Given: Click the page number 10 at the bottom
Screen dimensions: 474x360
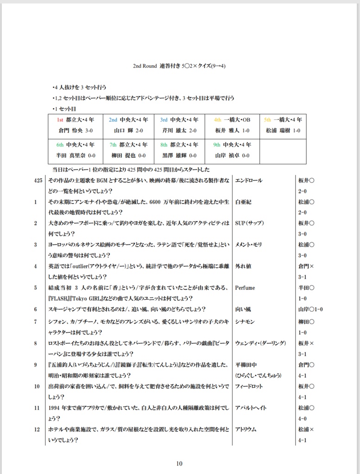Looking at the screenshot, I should (x=180, y=463).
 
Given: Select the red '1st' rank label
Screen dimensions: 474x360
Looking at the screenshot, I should (x=60, y=119).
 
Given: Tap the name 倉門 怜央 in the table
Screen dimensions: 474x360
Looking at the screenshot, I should (x=68, y=131).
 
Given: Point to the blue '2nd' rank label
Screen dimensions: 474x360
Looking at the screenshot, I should (x=113, y=119).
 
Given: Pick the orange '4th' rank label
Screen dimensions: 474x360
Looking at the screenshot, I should (x=218, y=119).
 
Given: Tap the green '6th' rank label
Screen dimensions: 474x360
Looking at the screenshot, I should (x=60, y=144).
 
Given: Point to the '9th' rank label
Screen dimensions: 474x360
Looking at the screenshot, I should (x=217, y=144).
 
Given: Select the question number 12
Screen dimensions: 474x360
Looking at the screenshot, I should (x=37, y=430).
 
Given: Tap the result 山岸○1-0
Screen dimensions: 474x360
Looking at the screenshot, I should (x=311, y=309).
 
